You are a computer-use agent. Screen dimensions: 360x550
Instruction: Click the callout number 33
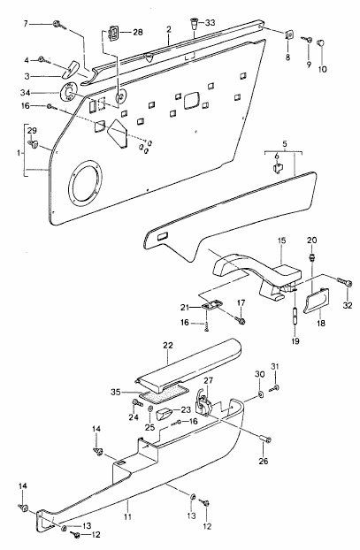pos(210,23)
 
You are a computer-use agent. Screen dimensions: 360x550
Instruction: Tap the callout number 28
pos(138,32)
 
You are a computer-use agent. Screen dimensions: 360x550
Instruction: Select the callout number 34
pos(25,93)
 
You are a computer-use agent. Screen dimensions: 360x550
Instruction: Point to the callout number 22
pos(168,345)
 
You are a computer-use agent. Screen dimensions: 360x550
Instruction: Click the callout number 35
pos(116,392)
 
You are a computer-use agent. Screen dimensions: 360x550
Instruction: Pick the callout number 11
pos(127,516)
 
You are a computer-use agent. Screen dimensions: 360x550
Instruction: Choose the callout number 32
pos(348,306)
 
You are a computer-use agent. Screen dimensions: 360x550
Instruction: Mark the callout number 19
pos(295,340)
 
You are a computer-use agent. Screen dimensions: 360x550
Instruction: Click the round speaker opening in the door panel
pos(86,182)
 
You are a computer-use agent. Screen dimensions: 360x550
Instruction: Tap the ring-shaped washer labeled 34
pos(69,92)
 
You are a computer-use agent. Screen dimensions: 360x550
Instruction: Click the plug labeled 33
pos(195,24)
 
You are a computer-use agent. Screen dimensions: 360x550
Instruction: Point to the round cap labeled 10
pos(321,43)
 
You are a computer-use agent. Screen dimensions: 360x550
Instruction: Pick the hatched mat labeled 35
pos(165,392)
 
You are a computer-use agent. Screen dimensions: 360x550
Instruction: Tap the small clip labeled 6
pos(278,167)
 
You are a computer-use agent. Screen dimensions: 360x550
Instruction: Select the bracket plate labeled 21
pos(213,305)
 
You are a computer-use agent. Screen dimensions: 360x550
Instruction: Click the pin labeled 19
pos(295,316)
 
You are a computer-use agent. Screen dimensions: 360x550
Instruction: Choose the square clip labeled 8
pos(288,35)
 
